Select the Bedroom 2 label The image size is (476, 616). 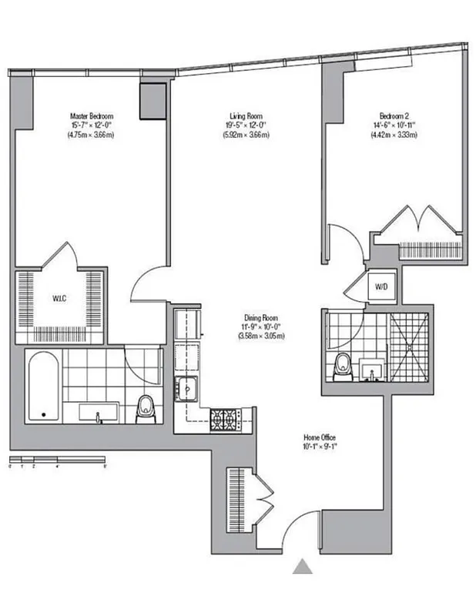[393, 116]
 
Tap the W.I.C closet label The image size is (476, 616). [59, 298]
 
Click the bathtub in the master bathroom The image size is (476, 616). [44, 387]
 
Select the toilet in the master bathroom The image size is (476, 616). [145, 409]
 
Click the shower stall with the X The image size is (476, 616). [408, 346]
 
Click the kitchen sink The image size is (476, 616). [187, 389]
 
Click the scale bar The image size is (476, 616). [57, 460]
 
